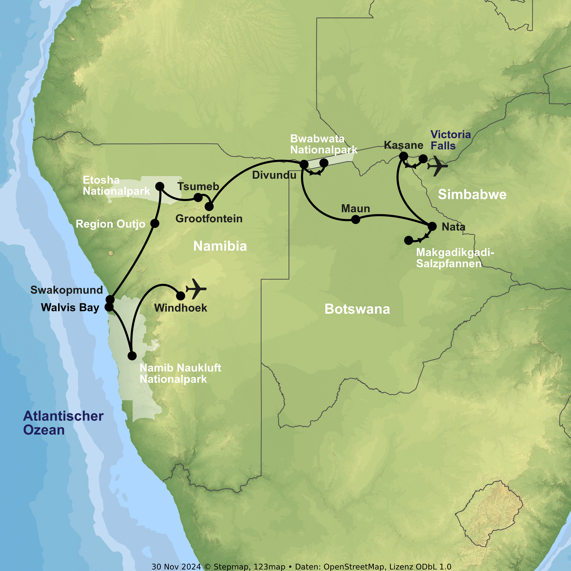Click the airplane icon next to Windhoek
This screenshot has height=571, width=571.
(196, 289)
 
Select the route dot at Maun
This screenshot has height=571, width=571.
(356, 219)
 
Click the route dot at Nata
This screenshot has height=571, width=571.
(432, 226)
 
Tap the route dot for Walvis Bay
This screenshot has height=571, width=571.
(109, 307)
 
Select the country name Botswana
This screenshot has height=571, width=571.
(357, 309)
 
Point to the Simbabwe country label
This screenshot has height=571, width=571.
(472, 195)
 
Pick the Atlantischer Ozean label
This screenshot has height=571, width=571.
(63, 423)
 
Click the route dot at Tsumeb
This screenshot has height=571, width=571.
(198, 197)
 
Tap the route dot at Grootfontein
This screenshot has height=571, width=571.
(209, 206)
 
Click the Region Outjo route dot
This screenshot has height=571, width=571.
(155, 223)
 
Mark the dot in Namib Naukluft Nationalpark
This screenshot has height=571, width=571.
(132, 356)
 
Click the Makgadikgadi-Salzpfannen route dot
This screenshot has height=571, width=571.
(408, 240)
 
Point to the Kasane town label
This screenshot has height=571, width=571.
(404, 145)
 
